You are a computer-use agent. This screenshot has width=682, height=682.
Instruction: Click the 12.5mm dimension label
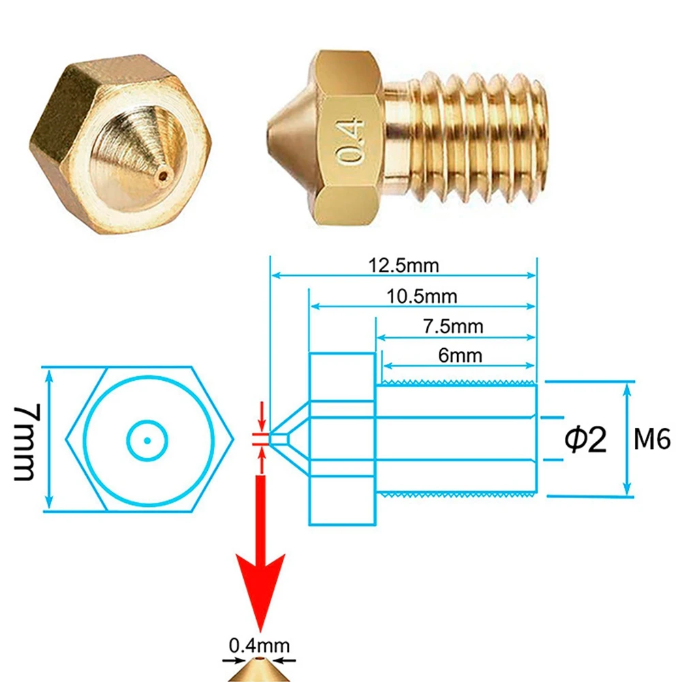click(404, 265)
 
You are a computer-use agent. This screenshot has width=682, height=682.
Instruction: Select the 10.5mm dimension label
click(422, 296)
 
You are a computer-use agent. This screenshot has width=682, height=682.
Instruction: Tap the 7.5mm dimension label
click(452, 326)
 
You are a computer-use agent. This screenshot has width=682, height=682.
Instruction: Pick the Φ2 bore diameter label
click(585, 440)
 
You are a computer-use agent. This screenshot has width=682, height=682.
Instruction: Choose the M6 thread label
click(652, 440)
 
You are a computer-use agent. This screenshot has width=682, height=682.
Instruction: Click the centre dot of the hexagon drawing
click(147, 440)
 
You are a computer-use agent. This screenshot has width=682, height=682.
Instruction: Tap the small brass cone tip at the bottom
click(259, 671)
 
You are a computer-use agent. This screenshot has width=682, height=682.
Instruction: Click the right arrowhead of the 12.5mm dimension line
click(533, 276)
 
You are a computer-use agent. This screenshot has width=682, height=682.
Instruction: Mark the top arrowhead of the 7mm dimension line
click(48, 372)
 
